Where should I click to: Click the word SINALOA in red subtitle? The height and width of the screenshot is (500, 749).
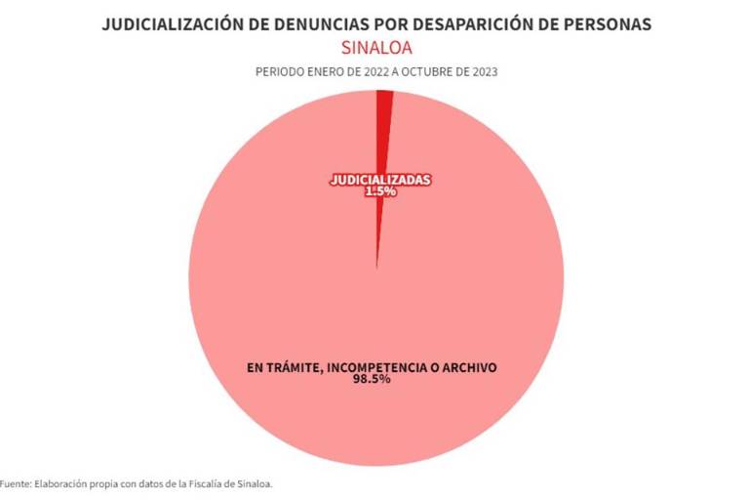pos(375,47)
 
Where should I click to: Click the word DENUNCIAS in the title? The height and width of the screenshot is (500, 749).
pos(304,24)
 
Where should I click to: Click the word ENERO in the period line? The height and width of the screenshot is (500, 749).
pos(324,72)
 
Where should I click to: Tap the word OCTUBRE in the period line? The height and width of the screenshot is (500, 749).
pos(427,72)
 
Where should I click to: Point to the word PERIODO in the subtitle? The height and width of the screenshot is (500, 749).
pos(278,72)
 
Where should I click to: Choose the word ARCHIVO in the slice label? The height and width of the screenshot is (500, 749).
pos(468,367)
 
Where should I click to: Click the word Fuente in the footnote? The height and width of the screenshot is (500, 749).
pos(15,483)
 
